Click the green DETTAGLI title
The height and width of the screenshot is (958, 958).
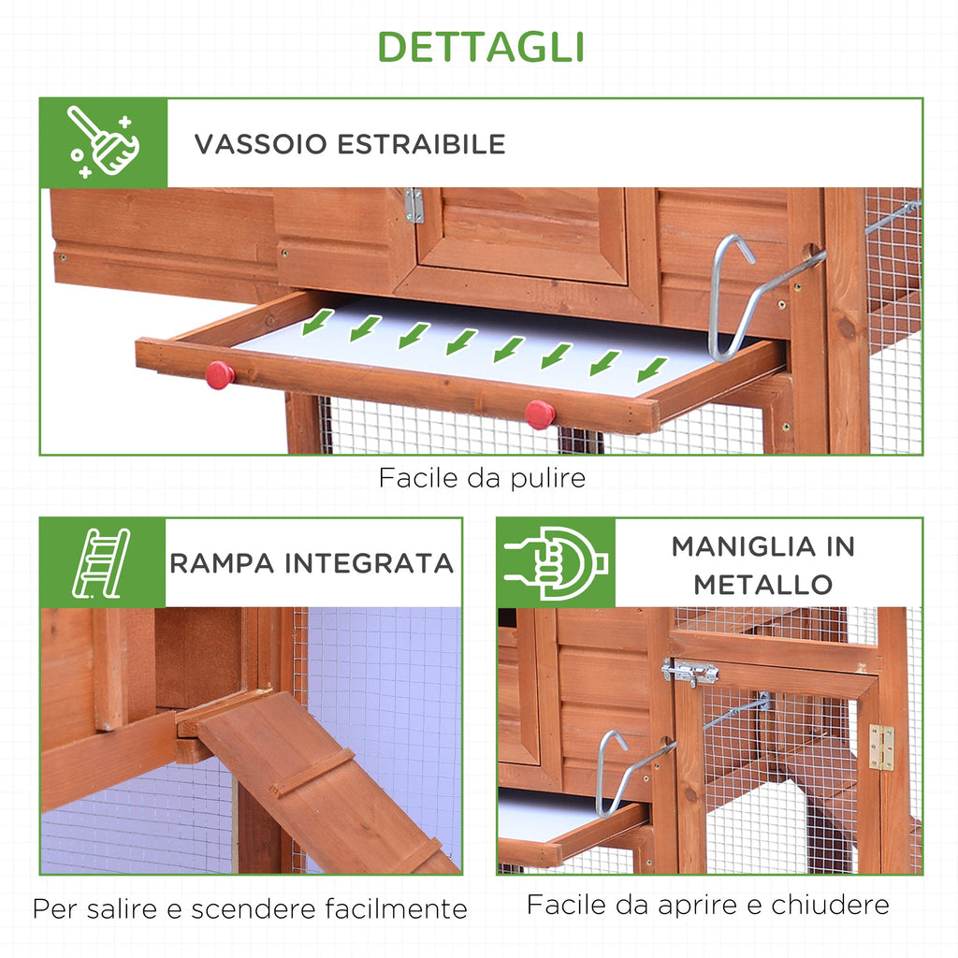[481, 47]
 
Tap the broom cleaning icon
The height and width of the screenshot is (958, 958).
[103, 142]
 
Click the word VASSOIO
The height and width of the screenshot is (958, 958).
[261, 144]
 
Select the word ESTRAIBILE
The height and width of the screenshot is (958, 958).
[422, 144]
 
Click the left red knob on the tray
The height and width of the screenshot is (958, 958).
[219, 374]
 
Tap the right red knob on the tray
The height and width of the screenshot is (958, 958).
[540, 414]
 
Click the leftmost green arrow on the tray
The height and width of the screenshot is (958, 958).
[318, 322]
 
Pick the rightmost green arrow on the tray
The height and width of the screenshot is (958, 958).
[652, 370]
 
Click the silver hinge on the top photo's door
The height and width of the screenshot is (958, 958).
[414, 205]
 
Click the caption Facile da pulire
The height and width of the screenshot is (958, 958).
[482, 478]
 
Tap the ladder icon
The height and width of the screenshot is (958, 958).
[101, 562]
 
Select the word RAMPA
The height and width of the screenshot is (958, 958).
[222, 563]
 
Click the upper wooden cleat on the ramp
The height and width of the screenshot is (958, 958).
[313, 773]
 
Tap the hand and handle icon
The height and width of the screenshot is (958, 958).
[556, 562]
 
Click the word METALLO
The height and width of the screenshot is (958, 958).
[763, 585]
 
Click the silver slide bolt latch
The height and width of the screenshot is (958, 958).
[689, 673]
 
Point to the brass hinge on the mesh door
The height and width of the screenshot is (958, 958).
[881, 747]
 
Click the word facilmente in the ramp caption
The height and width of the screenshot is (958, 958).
[396, 908]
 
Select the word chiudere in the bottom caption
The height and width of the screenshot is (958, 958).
[831, 905]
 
